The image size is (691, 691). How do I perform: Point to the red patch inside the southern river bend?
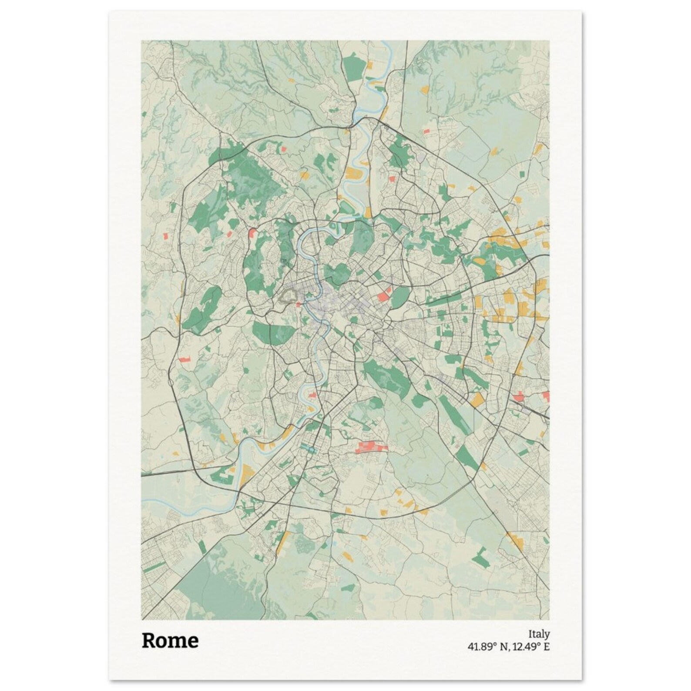(x=312, y=395)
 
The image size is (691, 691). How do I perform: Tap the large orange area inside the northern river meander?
(x=353, y=175)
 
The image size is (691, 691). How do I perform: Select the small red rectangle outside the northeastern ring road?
(x=426, y=131)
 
